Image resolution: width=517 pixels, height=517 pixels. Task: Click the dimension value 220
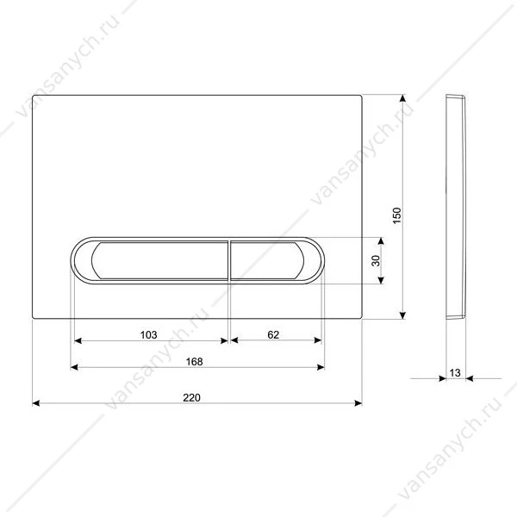coord(191,397)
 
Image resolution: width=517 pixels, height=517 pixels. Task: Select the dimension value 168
coord(194,362)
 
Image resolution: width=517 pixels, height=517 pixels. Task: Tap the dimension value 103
coord(149,334)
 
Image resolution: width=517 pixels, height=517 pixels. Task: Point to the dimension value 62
coord(273,334)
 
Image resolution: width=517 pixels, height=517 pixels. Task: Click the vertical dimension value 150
coord(397,215)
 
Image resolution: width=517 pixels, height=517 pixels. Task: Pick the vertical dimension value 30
coord(376,260)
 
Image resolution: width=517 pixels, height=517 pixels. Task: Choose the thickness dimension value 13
coord(455,373)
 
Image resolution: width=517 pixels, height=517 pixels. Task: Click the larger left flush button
coord(160,260)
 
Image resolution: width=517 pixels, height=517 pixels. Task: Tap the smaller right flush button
coord(267,260)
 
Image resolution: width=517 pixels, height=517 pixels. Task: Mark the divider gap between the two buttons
coord(229,260)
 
